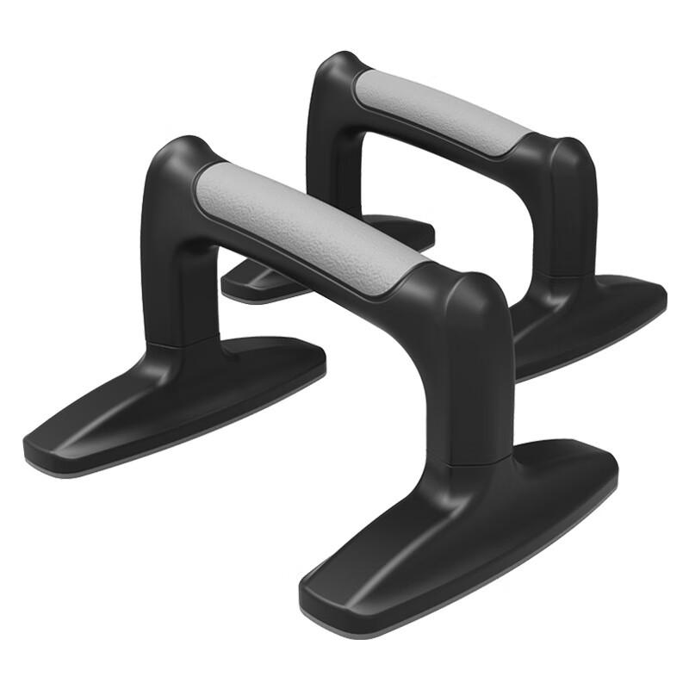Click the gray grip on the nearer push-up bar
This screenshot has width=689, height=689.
pos(310,224)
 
